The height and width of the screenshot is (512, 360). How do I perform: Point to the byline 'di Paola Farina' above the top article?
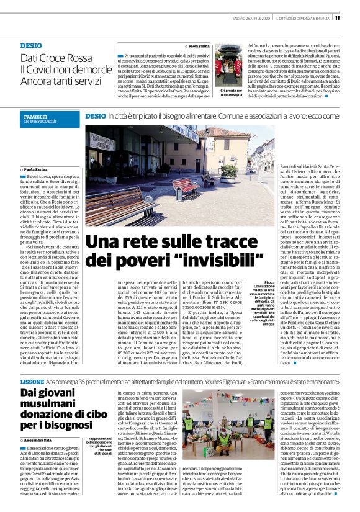(x=199, y=46)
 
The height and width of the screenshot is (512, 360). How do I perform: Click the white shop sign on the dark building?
(x=115, y=141)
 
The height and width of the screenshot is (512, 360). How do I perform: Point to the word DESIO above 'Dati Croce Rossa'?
(x=30, y=46)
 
